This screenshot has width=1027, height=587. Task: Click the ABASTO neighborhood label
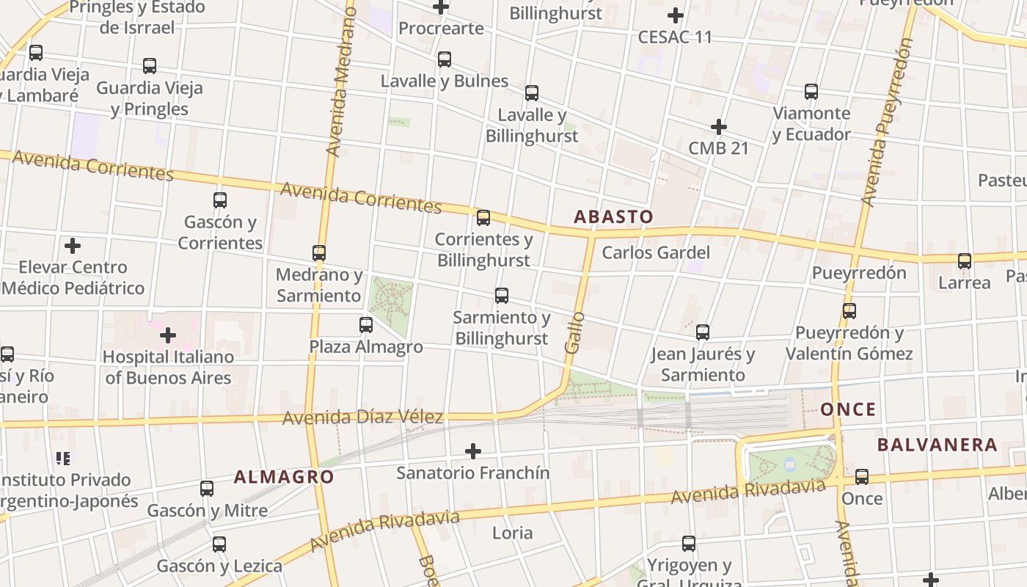pyautogui.click(x=613, y=216)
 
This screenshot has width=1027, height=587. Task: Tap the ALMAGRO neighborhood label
pyautogui.click(x=284, y=477)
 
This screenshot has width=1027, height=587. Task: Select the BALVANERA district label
pyautogui.click(x=937, y=445)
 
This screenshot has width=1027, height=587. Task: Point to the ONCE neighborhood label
pyautogui.click(x=848, y=409)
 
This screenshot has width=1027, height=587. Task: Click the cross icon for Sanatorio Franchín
pyautogui.click(x=473, y=451)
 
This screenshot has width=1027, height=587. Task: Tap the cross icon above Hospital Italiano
pyautogui.click(x=168, y=335)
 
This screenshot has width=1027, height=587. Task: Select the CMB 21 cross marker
pyautogui.click(x=718, y=127)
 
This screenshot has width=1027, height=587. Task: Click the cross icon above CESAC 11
pyautogui.click(x=675, y=15)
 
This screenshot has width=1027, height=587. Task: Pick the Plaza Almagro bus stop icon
pyautogui.click(x=366, y=325)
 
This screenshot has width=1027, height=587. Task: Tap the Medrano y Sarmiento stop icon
pyautogui.click(x=319, y=253)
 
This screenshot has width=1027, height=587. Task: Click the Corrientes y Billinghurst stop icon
pyautogui.click(x=483, y=218)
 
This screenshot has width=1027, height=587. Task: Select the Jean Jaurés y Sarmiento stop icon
pyautogui.click(x=703, y=332)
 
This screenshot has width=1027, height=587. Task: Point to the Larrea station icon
pyautogui.click(x=965, y=261)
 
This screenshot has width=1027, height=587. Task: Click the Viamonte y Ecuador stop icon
pyautogui.click(x=811, y=92)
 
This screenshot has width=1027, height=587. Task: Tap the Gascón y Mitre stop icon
pyautogui.click(x=207, y=489)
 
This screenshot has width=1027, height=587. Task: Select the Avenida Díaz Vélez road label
pyautogui.click(x=362, y=418)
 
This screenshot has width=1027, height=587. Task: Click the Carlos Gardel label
pyautogui.click(x=656, y=253)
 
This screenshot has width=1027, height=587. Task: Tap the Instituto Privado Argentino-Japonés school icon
pyautogui.click(x=63, y=459)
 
